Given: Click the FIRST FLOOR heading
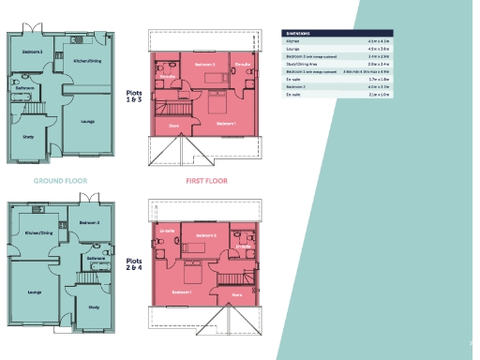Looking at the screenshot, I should click(x=207, y=180).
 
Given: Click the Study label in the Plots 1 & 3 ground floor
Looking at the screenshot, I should click(x=28, y=138).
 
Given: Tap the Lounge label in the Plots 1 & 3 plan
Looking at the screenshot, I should click(x=86, y=121).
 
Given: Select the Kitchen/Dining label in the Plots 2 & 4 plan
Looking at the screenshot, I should click(x=37, y=232).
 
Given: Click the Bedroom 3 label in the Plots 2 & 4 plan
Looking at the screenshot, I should click(x=89, y=222).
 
